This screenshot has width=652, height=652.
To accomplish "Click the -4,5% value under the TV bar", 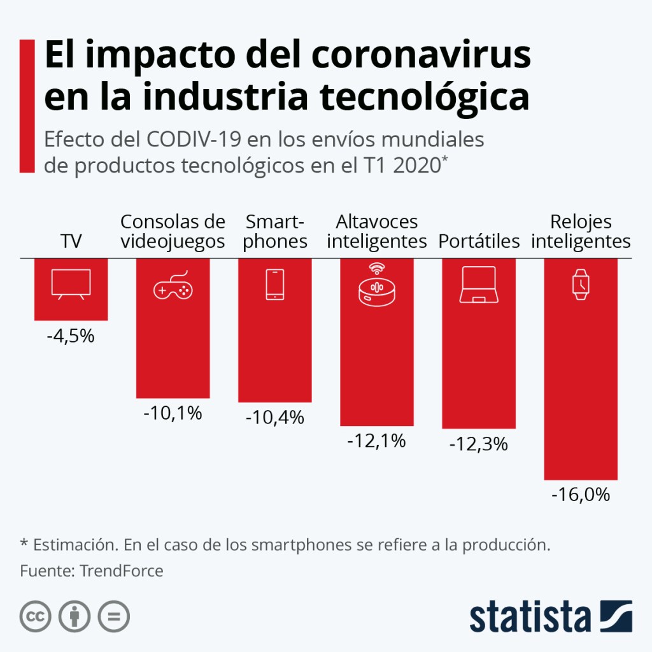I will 71,336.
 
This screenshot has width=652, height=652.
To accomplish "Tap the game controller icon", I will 173,288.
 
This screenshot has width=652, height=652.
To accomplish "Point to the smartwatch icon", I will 580,285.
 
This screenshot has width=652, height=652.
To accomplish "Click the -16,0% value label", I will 581,494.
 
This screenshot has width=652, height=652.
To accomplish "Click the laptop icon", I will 478,285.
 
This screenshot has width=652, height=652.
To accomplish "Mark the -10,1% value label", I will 173,413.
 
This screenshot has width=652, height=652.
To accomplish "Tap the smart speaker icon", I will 376,285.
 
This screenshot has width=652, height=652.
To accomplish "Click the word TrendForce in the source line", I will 122,570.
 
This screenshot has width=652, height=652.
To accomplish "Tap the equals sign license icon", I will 113,616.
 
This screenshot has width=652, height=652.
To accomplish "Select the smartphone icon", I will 274,285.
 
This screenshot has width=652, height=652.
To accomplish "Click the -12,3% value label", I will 478,444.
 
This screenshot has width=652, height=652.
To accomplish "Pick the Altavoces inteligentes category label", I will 376,232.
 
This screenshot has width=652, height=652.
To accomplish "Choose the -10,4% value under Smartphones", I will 274,418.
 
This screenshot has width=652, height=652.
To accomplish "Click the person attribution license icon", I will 74,616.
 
